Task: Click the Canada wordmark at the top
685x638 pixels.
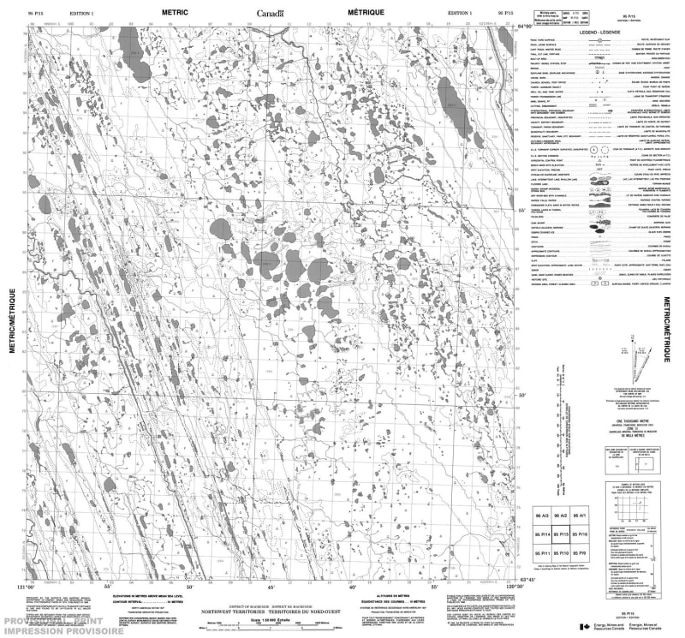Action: [270, 13]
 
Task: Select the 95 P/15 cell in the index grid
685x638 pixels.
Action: [560, 535]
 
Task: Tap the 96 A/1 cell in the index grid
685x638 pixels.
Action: [581, 516]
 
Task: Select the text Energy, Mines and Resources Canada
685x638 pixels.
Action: [610, 628]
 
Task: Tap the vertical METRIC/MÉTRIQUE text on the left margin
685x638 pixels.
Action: [12, 321]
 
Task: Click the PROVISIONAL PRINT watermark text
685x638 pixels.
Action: [43, 621]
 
